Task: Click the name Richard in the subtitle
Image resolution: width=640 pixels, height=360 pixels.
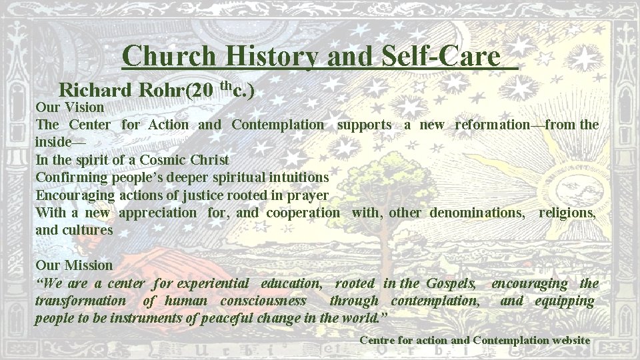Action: pyautogui.click(x=97, y=89)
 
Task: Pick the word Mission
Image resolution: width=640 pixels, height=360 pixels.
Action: pyautogui.click(x=87, y=266)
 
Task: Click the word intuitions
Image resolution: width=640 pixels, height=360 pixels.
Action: pyautogui.click(x=297, y=178)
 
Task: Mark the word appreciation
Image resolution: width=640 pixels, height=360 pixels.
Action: pyautogui.click(x=157, y=213)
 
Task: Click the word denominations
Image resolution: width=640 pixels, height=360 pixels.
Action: pyautogui.click(x=477, y=213)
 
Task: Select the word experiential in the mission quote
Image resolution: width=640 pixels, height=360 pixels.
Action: pyautogui.click(x=214, y=283)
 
